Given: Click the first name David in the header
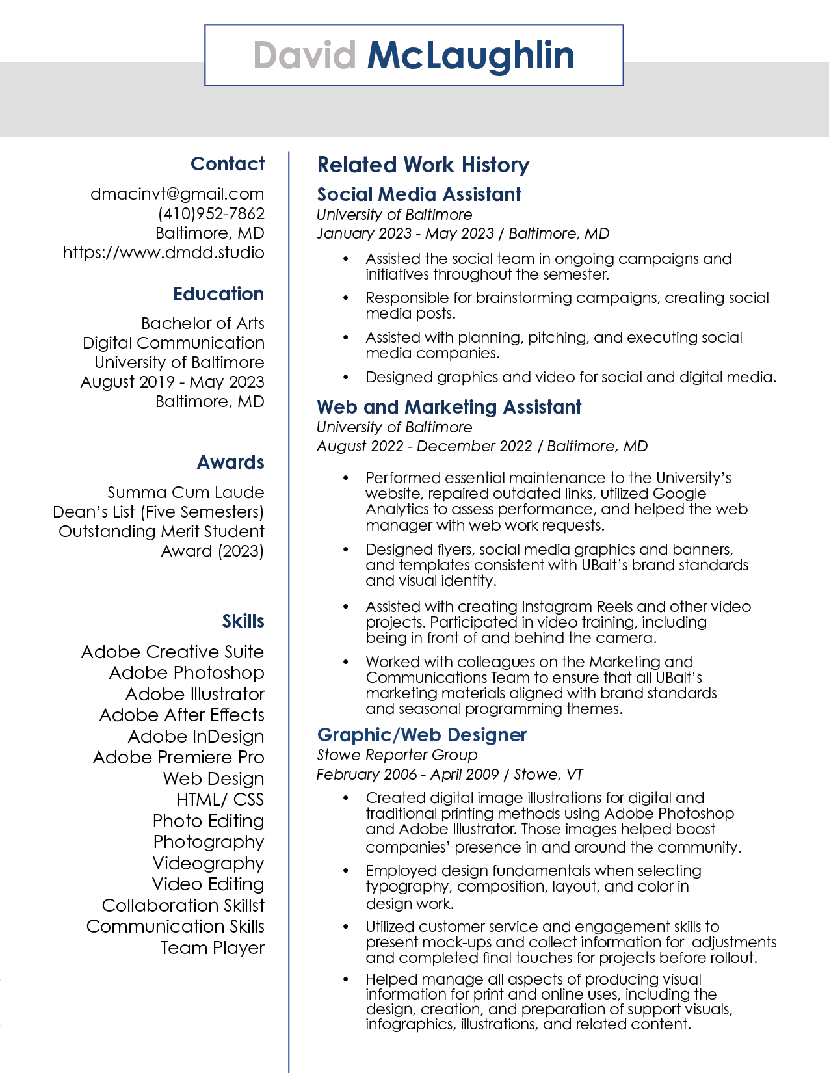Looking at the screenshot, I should pyautogui.click(x=304, y=55).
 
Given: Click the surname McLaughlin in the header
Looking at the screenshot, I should pyautogui.click(x=471, y=55).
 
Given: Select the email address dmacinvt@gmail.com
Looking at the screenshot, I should pyautogui.click(x=177, y=194).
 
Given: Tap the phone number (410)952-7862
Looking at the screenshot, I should pyautogui.click(x=211, y=213).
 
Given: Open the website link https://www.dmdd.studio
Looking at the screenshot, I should pyautogui.click(x=163, y=252).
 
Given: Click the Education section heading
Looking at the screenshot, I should pyautogui.click(x=218, y=294).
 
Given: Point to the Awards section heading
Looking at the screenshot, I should pyautogui.click(x=230, y=462).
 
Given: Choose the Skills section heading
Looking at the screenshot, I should pyautogui.click(x=243, y=621).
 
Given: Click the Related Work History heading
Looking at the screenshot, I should pyautogui.click(x=423, y=165).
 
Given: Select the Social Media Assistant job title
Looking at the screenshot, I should pyautogui.click(x=419, y=194).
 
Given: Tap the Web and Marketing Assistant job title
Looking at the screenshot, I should pyautogui.click(x=449, y=407).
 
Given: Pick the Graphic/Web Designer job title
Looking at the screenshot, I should pyautogui.click(x=421, y=735).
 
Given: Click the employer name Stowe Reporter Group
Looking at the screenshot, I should pyautogui.click(x=397, y=755).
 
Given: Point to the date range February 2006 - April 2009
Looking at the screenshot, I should pyautogui.click(x=407, y=775).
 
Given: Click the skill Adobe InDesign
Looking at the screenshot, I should pyautogui.click(x=196, y=736).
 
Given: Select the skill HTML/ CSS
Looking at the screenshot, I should pyautogui.click(x=220, y=799).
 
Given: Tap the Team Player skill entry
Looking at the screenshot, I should pyautogui.click(x=213, y=947).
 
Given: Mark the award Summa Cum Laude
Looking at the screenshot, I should pyautogui.click(x=185, y=492).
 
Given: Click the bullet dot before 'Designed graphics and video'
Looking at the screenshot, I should pyautogui.click(x=346, y=378).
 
